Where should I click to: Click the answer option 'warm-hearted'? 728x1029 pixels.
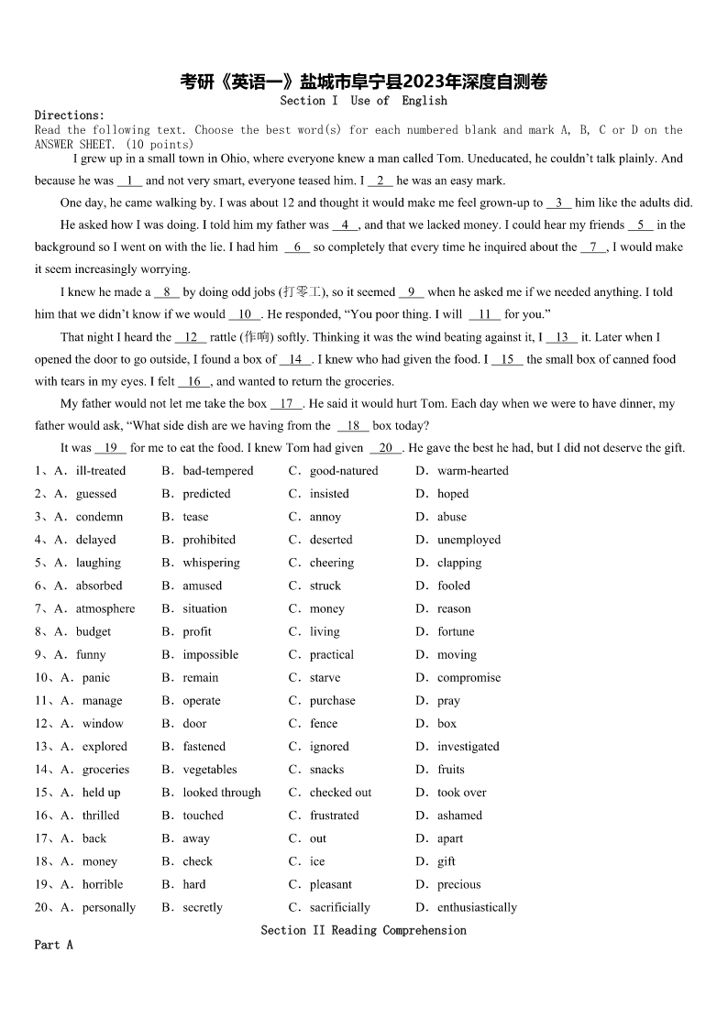472,471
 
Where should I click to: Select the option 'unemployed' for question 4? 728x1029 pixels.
469,540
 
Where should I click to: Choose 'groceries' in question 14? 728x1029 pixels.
105,770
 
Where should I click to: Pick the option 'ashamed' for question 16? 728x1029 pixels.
459,816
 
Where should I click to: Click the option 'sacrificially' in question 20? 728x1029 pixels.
339,907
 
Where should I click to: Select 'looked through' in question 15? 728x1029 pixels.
221,793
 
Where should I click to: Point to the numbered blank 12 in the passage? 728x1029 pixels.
191,337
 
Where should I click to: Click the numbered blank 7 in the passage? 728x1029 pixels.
593,247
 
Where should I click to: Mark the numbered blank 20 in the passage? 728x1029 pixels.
385,448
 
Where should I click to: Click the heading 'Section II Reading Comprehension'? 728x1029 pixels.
363,930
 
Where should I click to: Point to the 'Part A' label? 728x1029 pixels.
53,945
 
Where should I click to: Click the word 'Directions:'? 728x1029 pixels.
70,115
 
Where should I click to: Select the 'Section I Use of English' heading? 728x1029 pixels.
363,101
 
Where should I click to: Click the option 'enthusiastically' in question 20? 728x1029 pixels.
477,907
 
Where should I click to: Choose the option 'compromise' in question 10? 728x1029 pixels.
469,678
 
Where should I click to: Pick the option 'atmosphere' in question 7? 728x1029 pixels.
105,608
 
